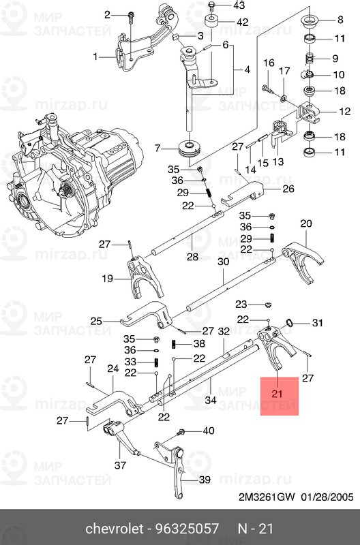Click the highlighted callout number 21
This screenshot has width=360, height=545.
[276, 394]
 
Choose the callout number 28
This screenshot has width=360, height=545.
[192, 257]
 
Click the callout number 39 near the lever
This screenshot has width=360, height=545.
[205, 480]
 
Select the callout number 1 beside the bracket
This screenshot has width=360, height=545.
[96, 57]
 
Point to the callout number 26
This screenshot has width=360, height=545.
[288, 189]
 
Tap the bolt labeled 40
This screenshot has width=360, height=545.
[182, 432]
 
